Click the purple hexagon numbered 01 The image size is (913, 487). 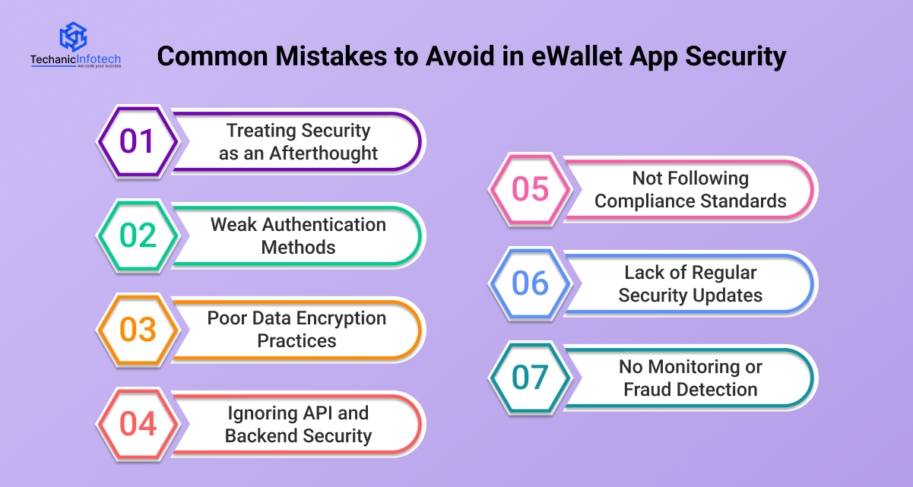[138, 142]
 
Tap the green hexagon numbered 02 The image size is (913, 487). [138, 236]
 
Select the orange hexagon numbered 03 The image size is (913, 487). [138, 330]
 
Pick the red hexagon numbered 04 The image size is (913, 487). [138, 424]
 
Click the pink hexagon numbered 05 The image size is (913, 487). [530, 189]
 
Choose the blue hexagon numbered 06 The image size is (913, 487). [530, 283]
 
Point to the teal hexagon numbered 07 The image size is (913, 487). [530, 378]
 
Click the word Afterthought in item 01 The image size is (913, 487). [323, 153]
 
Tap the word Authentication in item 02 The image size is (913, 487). [324, 224]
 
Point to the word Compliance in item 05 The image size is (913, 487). [645, 201]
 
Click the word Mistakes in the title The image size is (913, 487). [331, 55]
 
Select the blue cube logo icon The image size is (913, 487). [74, 36]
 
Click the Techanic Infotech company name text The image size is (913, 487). [75, 60]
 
